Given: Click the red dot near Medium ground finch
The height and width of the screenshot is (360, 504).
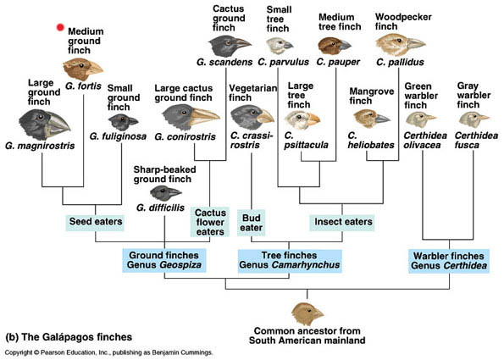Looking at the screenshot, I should coord(60,27).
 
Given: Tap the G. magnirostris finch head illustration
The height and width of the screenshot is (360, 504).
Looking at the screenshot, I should coord(43,128).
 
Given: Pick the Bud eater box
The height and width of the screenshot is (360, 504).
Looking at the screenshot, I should coord(252,222).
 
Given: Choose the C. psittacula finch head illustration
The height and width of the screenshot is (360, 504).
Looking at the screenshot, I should coord(303,119).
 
